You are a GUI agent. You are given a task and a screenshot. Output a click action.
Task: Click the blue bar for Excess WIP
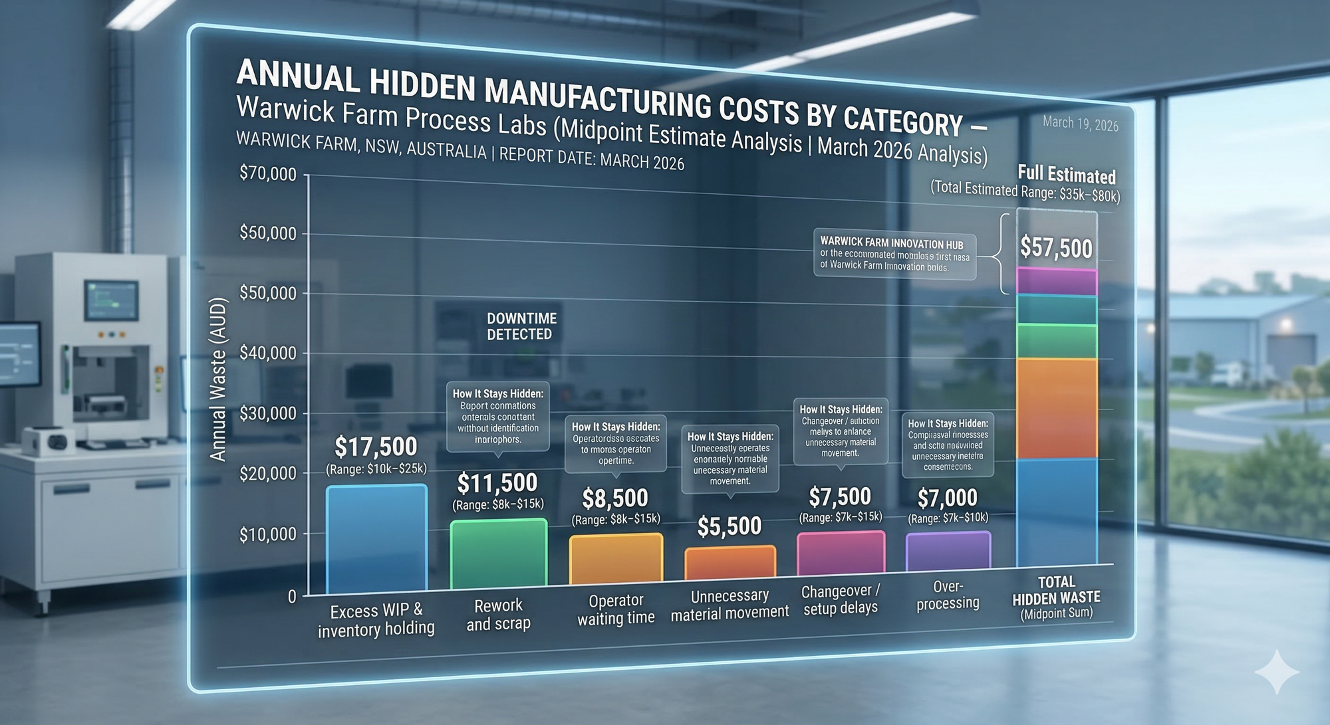376,540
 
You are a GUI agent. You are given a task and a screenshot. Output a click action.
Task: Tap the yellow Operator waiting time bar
616,560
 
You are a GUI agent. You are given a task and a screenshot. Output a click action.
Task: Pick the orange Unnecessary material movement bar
730,564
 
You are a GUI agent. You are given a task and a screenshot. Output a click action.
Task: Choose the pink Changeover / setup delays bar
841,553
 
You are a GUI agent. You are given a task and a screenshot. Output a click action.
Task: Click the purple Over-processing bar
948,551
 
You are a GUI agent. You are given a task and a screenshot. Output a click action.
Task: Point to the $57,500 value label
1056,249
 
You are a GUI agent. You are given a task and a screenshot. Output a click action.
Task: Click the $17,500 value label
376,447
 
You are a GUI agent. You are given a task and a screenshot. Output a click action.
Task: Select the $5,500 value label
730,526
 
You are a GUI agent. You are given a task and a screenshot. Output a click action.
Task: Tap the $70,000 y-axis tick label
267,174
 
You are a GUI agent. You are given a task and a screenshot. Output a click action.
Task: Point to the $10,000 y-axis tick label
267,535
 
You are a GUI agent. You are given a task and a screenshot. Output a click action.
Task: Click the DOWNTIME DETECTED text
521,326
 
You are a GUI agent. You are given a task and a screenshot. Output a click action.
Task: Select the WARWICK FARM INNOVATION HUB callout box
894,255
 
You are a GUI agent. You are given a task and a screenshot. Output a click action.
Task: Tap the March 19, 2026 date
1080,124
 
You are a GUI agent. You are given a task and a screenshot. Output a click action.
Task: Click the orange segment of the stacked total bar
1057,409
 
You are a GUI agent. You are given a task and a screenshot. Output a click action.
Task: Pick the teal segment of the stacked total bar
1057,310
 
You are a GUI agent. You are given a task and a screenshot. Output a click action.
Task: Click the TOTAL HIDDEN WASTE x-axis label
1056,597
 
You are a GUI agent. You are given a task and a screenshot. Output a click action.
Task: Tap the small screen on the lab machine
111,300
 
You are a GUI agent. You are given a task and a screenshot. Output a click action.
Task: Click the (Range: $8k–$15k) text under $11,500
498,505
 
